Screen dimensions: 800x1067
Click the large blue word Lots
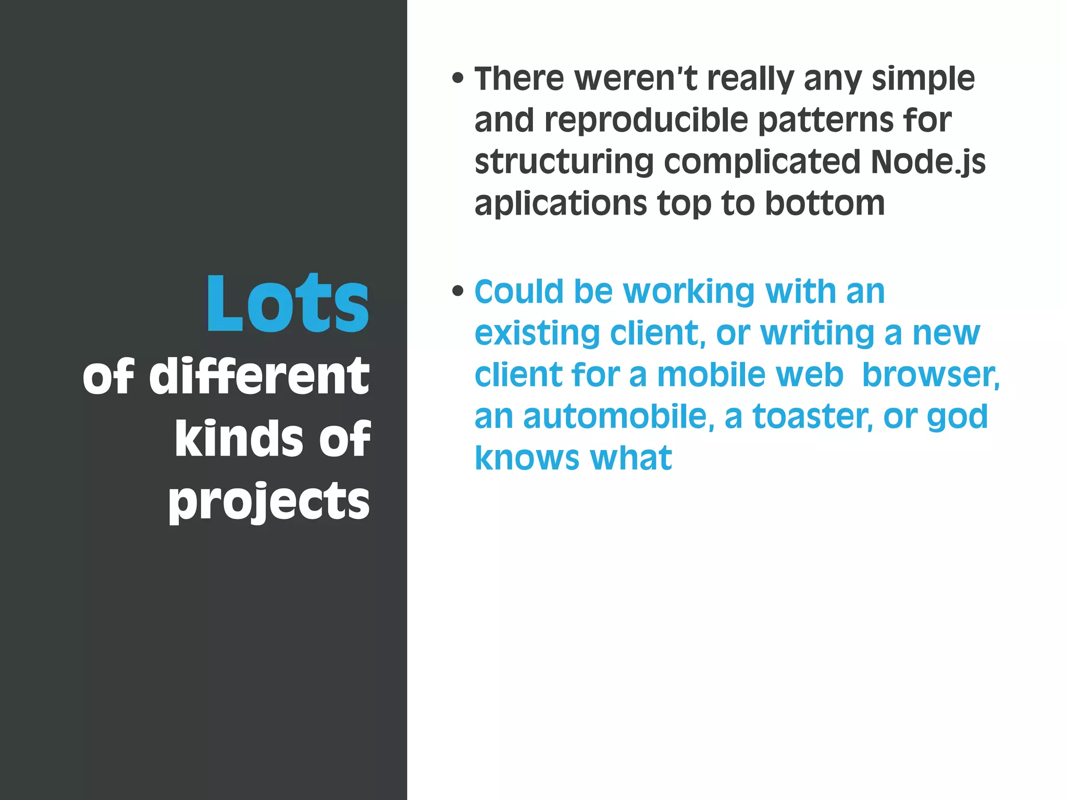tap(288, 303)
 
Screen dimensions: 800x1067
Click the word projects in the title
tap(269, 501)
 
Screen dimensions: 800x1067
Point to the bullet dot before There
tap(458, 79)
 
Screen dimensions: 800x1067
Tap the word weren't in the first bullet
tap(636, 79)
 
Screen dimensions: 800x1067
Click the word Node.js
tap(928, 162)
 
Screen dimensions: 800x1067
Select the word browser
tap(930, 375)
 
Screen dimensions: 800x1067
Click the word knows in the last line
tap(527, 458)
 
